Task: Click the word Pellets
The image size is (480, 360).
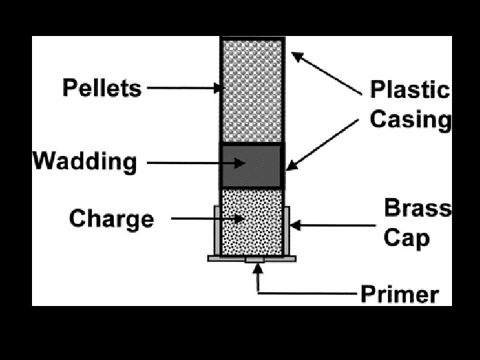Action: click(x=102, y=88)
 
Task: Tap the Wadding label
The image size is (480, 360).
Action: click(x=85, y=161)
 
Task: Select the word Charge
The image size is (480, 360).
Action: click(x=111, y=219)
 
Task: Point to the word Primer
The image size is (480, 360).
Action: click(x=400, y=295)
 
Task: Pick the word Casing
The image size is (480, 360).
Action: click(x=411, y=119)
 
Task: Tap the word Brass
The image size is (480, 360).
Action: click(x=417, y=209)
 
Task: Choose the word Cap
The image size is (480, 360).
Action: click(x=406, y=237)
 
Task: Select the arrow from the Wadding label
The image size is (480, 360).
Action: click(x=193, y=162)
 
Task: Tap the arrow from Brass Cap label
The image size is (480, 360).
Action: click(x=333, y=226)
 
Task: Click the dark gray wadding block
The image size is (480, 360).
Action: click(x=251, y=166)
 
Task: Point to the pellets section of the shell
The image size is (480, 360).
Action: click(x=252, y=90)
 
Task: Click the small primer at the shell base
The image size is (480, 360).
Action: click(x=255, y=259)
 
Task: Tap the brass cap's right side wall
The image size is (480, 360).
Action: click(x=286, y=230)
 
